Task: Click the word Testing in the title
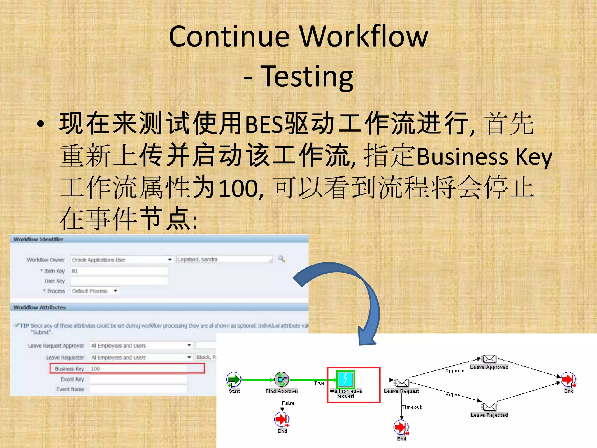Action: click(307, 76)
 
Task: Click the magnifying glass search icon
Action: click(282, 259)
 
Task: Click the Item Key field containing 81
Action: click(119, 271)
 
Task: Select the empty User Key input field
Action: click(119, 281)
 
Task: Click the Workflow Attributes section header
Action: click(40, 307)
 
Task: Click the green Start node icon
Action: click(234, 379)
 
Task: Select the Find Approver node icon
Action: click(282, 379)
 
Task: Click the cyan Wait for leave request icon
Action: click(345, 379)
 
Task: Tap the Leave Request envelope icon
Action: click(402, 382)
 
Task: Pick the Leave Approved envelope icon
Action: click(489, 359)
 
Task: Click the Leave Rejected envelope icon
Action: click(489, 406)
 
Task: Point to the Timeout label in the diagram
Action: click(412, 407)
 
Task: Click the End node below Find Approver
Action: click(282, 419)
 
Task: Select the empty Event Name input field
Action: click(138, 389)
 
